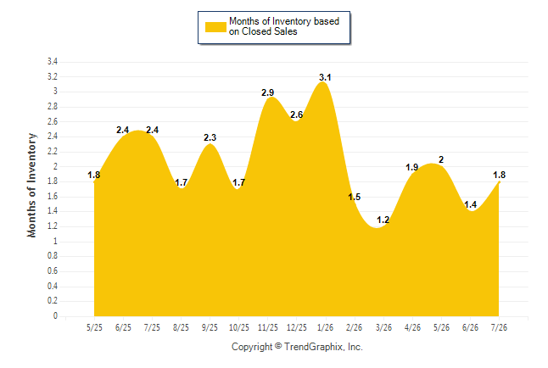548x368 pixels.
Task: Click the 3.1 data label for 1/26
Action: point(325,77)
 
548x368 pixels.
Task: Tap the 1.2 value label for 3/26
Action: point(383,220)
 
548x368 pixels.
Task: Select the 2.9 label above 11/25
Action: point(268,92)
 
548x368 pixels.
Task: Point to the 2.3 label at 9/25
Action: point(210,137)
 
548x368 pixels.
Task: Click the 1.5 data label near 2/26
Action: point(354,197)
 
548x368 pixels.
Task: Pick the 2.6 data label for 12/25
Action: point(296,114)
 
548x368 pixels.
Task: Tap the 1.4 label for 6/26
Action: point(471,205)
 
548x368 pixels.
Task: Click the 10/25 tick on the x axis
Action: point(239,327)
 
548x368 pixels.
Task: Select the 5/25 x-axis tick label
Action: point(94,327)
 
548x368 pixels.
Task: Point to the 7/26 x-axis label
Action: point(499,327)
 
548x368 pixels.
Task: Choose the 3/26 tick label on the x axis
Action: point(383,327)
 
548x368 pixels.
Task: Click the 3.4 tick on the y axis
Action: point(53,62)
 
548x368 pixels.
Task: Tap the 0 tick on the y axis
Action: point(55,316)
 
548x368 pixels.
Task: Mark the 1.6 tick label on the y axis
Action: point(53,197)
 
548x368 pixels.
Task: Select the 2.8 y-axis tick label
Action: point(53,107)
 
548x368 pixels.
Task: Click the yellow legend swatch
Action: point(215,27)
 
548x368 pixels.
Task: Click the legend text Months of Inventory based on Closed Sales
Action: point(284,26)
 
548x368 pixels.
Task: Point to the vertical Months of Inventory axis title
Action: point(31,185)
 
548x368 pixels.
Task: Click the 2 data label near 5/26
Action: point(441,159)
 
